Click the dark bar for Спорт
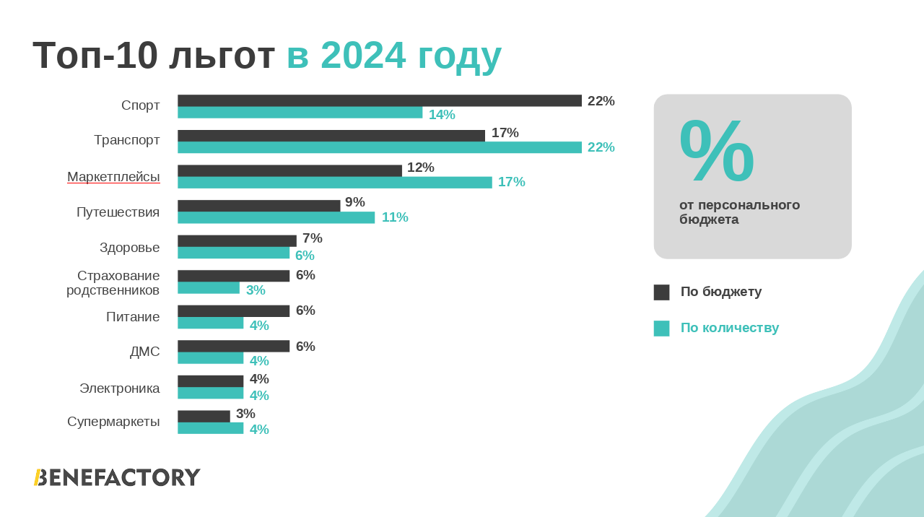[379, 101]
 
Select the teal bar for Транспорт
[379, 147]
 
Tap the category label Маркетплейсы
[113, 177]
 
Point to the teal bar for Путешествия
[276, 217]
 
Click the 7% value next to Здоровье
[313, 238]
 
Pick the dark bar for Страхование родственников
[233, 276]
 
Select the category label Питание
[133, 317]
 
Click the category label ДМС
[144, 352]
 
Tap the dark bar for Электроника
[210, 381]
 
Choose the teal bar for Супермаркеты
[210, 428]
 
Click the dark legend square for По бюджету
[661, 292]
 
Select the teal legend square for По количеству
[661, 329]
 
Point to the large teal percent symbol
[716, 152]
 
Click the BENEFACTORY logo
[117, 477]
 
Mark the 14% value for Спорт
[442, 115]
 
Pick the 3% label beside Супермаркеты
[245, 414]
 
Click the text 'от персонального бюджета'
[739, 212]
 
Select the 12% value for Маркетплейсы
[421, 168]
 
